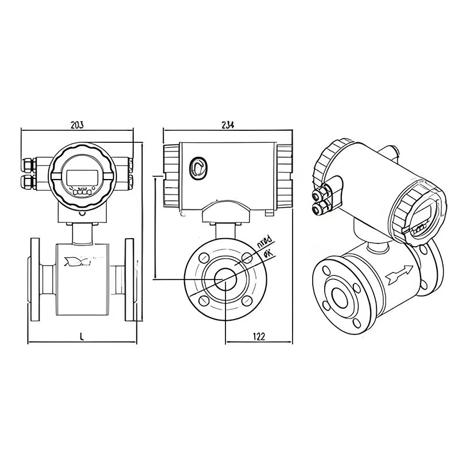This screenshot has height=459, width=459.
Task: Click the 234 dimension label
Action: (x=227, y=125)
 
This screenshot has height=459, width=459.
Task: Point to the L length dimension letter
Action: (x=81, y=337)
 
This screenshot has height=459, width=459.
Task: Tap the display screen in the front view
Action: (x=80, y=177)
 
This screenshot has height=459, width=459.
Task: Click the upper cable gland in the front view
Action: (x=28, y=166)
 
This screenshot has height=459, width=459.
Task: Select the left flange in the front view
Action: (x=33, y=279)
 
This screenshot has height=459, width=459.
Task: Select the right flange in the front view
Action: (x=129, y=279)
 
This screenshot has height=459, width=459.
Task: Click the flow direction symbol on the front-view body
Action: (x=77, y=262)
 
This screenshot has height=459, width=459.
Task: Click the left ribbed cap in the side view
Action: (x=171, y=176)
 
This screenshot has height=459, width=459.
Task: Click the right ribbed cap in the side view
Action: (x=285, y=176)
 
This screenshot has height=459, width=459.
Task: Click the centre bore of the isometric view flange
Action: (x=339, y=298)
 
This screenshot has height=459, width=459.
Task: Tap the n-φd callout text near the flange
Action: (x=265, y=242)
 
